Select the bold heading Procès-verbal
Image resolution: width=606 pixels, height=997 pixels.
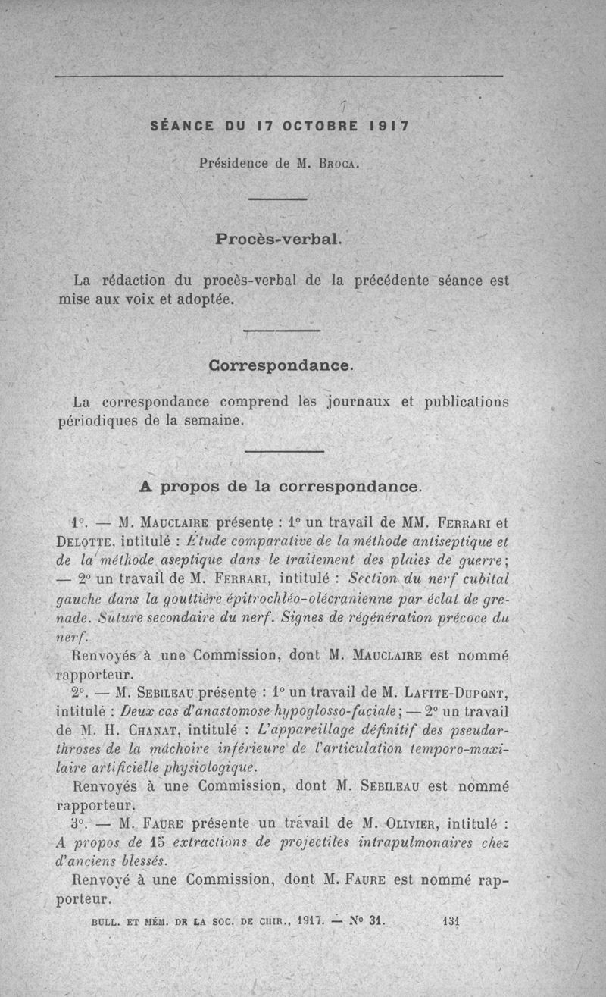click(x=280, y=239)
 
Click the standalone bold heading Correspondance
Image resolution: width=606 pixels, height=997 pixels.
click(x=281, y=365)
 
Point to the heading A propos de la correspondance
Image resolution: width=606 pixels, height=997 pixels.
click(x=281, y=486)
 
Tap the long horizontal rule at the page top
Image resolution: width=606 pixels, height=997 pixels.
click(x=280, y=77)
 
